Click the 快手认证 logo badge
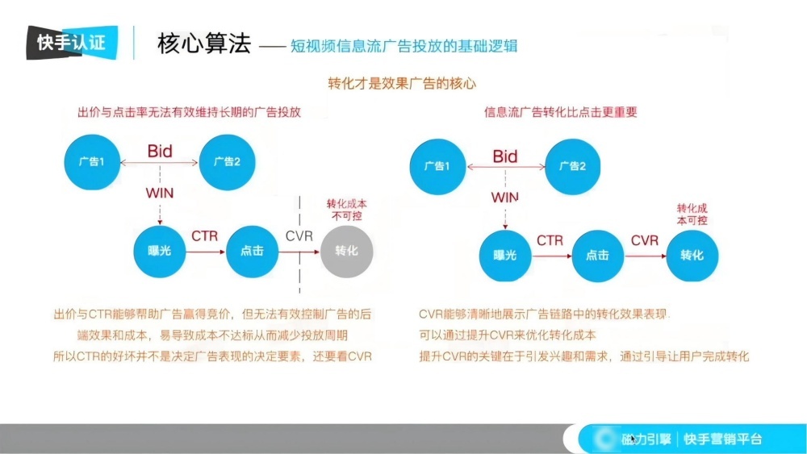(x=71, y=43)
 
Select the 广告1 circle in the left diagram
(x=92, y=161)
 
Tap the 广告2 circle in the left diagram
(x=227, y=161)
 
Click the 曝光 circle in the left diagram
(x=160, y=251)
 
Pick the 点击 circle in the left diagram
(x=252, y=251)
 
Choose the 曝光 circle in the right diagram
(x=504, y=255)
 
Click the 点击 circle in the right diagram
(x=597, y=255)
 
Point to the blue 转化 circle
(x=692, y=255)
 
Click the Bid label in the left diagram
(x=160, y=151)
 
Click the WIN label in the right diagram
(x=505, y=197)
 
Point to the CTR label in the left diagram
(x=205, y=235)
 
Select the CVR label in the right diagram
(x=645, y=240)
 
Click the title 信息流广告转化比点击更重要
(x=560, y=112)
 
